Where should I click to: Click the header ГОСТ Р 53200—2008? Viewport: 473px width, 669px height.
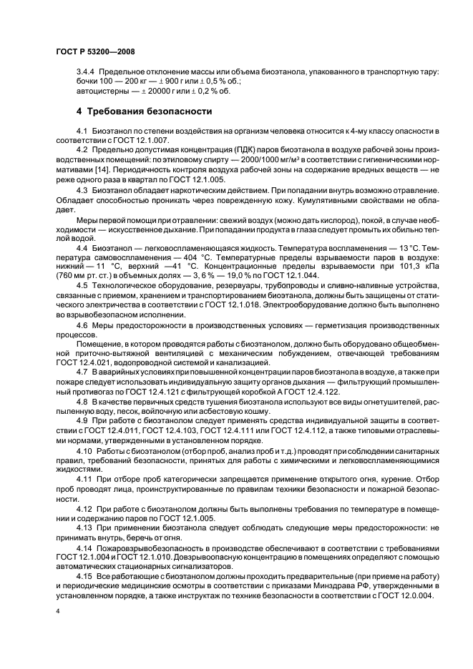coord(94,53)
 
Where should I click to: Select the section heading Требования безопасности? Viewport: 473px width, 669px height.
coord(143,112)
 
